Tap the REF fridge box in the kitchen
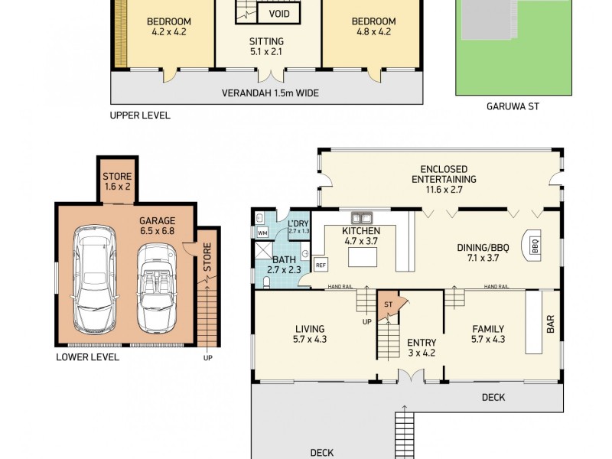[x=321, y=265]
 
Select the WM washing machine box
[x=262, y=233]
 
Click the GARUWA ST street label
[x=513, y=106]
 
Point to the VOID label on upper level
[x=279, y=14]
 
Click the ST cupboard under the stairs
[x=388, y=304]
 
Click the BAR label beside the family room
[x=550, y=324]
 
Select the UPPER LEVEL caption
[x=140, y=116]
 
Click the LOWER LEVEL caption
[x=86, y=357]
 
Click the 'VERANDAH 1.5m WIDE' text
[x=270, y=93]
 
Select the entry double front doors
[x=410, y=376]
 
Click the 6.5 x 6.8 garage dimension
[x=157, y=229]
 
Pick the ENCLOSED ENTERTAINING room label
[x=444, y=174]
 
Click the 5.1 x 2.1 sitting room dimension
[x=266, y=53]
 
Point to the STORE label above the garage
[x=117, y=177]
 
